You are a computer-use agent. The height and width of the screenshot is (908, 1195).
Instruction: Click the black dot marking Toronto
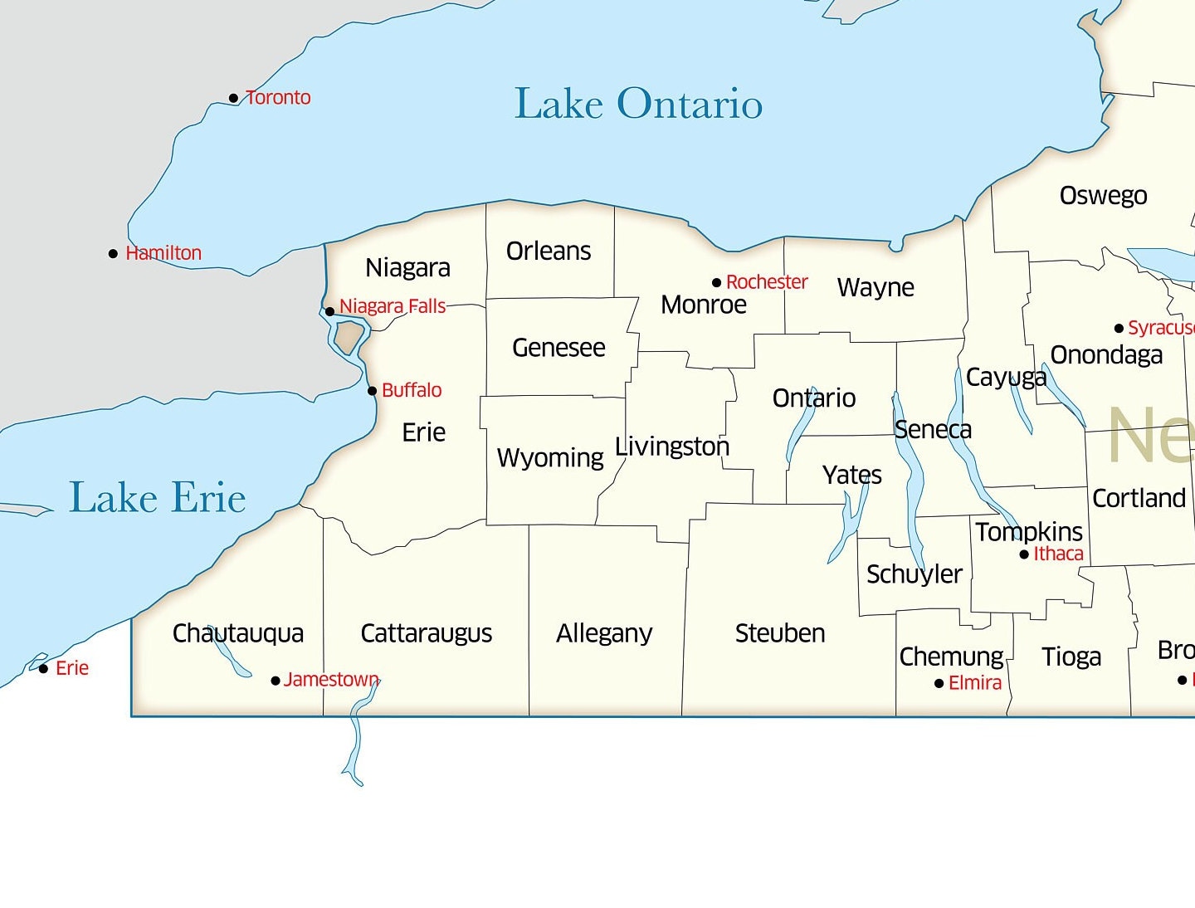point(234,99)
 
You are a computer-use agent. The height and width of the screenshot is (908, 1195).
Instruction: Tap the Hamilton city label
point(163,253)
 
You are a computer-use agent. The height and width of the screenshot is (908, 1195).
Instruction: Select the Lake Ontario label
point(638,105)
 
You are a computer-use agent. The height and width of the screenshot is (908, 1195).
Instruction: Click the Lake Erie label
point(157,498)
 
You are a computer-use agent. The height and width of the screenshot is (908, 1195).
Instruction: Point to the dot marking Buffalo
point(373,391)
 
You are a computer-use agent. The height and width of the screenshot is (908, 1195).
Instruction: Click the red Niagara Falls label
point(393,306)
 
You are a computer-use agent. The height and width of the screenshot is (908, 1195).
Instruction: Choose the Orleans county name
point(549,251)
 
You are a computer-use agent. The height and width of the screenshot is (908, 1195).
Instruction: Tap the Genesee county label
point(558,348)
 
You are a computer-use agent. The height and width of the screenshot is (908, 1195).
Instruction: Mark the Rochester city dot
point(717,283)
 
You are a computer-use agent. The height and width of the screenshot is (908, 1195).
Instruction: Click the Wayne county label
point(876,287)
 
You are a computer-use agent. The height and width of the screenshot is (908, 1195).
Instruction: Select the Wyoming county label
point(550,457)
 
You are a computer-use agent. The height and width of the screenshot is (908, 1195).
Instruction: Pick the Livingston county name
point(672,447)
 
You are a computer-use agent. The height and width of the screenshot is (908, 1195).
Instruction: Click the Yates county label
point(852,475)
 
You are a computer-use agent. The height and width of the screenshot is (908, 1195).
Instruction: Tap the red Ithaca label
point(1058,554)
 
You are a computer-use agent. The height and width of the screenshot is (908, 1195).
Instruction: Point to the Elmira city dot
point(939,684)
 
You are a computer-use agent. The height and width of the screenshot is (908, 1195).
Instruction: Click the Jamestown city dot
point(276,681)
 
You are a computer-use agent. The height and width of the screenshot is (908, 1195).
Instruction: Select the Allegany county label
point(604,633)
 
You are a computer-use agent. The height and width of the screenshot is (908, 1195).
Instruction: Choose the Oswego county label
point(1103,196)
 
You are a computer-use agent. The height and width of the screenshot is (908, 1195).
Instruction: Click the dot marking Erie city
point(44,669)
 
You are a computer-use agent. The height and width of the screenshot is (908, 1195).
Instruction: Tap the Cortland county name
point(1139,498)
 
